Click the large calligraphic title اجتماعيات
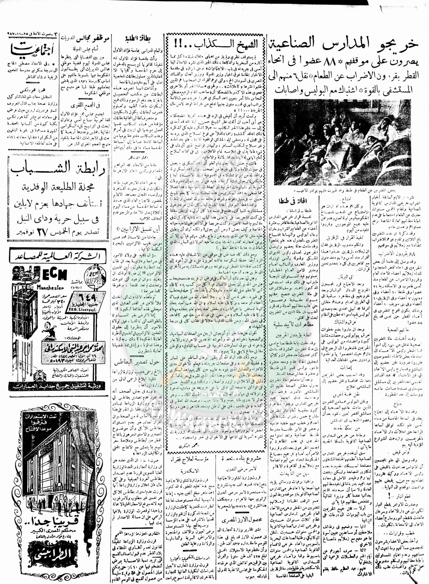[x=29, y=47]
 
